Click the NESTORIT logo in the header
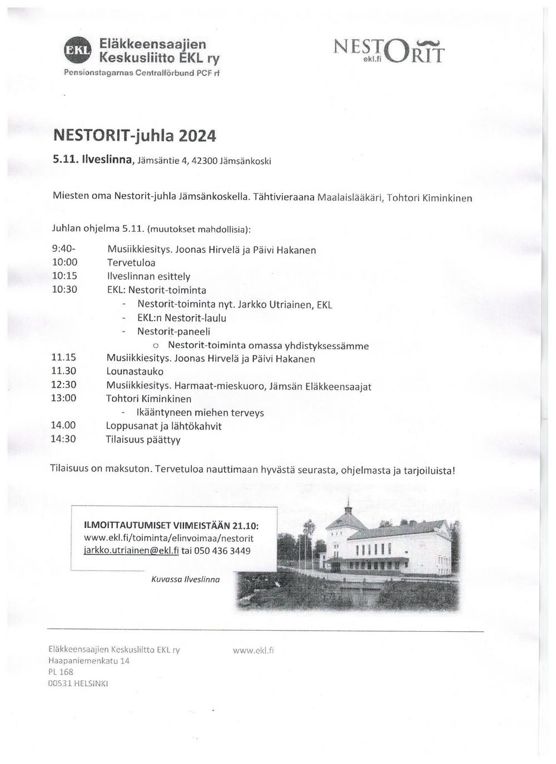coord(389,51)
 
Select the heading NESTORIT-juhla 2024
coord(135,136)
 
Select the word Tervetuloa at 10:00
coord(131,263)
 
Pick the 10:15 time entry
coord(64,276)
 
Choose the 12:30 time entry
coord(64,385)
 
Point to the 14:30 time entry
coord(63,439)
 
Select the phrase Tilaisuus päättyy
coord(143,440)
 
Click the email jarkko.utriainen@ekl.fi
coord(131,551)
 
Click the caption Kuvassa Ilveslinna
coord(185,579)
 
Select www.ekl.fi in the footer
coord(254,650)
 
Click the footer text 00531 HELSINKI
coord(78,684)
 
